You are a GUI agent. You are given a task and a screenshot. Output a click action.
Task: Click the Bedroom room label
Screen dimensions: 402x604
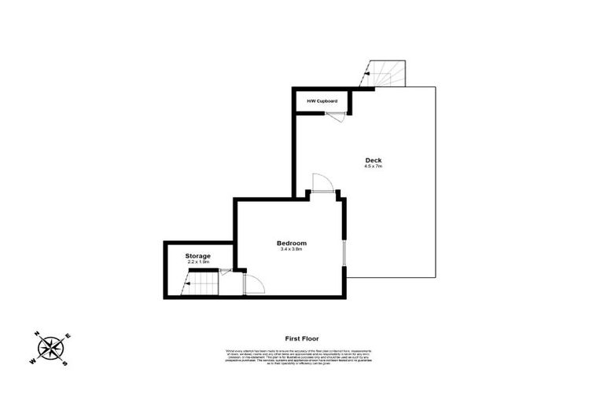coord(291,243)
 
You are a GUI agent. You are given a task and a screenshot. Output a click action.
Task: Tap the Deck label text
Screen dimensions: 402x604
coord(373,160)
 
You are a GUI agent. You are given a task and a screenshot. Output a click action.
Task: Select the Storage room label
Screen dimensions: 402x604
coord(197,256)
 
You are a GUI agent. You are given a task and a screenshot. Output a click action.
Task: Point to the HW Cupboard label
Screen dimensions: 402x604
coord(322,101)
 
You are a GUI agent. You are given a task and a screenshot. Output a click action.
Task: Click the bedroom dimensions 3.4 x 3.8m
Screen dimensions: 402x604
coord(291,250)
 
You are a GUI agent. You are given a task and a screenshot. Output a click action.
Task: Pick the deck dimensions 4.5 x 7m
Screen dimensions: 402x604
coord(373,166)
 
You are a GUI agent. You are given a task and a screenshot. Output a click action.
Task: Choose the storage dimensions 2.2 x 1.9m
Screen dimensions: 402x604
coord(197,263)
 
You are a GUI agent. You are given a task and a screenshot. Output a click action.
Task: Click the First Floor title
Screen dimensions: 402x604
coord(302,338)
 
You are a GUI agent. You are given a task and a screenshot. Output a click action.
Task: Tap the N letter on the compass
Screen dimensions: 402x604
coord(38,333)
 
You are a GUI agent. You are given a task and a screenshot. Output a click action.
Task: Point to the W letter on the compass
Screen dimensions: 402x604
coord(33,360)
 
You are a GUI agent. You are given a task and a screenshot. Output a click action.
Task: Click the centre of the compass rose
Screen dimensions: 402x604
coord(51,348)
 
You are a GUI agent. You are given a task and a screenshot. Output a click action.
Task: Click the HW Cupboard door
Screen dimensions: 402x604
coord(336,116)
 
